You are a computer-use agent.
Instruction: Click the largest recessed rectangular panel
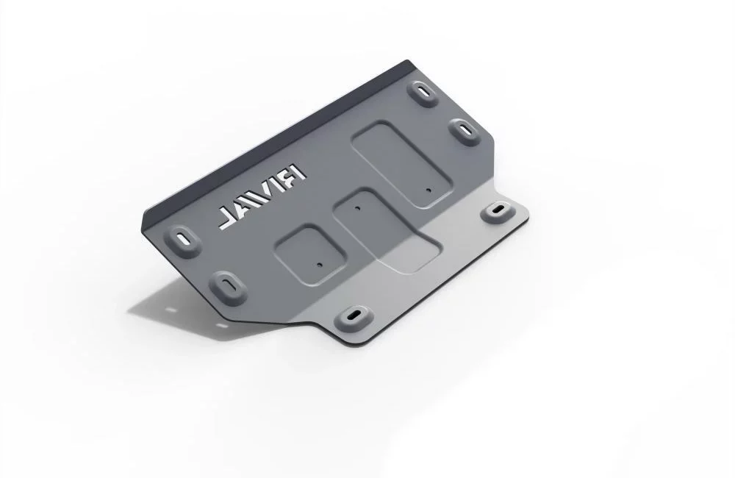tap(403, 164)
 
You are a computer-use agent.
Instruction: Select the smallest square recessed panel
tap(310, 254)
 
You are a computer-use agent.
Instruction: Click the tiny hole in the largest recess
tap(428, 190)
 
